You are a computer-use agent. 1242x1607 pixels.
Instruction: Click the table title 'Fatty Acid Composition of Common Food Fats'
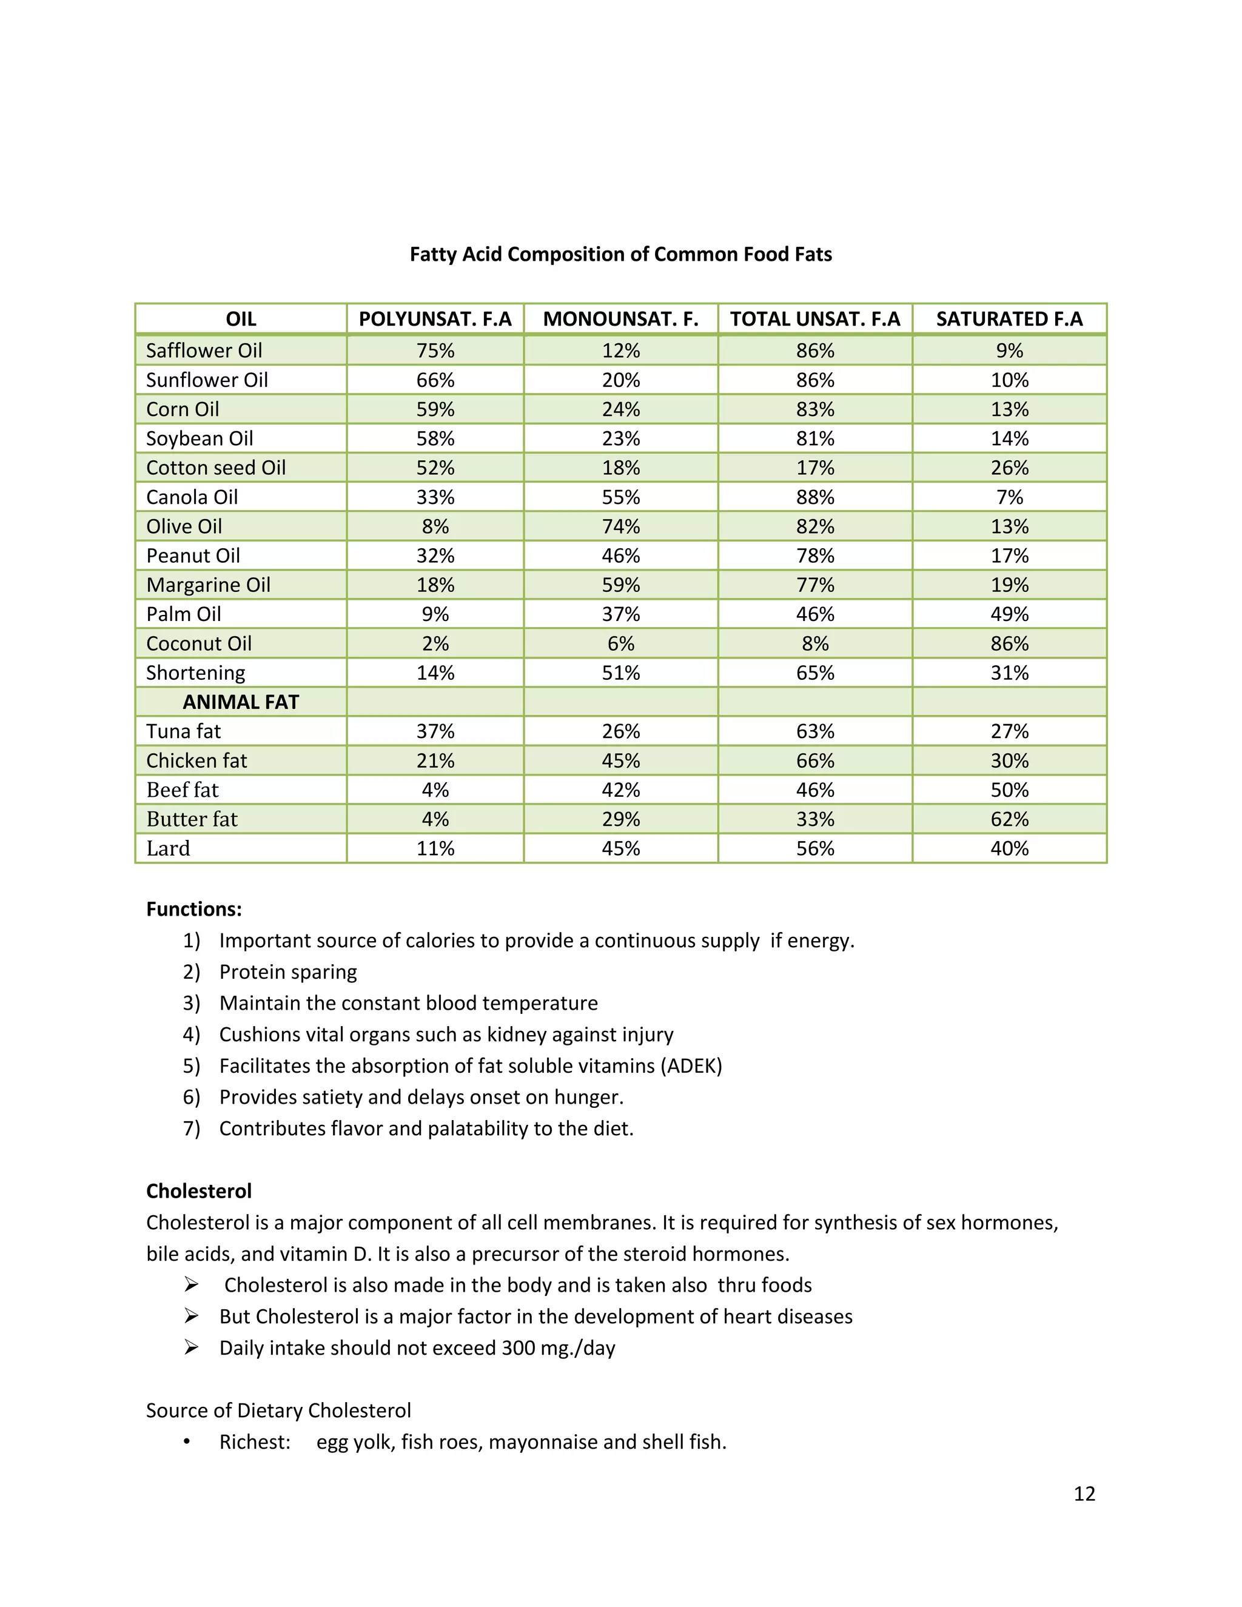tap(620, 255)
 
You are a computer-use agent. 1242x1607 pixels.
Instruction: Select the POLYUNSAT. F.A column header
tap(435, 320)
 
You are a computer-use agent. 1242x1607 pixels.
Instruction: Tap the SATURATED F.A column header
tap(1009, 320)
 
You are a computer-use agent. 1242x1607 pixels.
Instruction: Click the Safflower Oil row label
tap(204, 351)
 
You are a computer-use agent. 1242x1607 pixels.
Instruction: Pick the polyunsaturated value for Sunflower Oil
tap(435, 380)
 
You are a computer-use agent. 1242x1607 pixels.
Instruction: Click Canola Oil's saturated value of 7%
tap(1009, 497)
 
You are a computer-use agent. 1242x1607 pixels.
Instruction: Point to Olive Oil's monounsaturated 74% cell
tap(620, 527)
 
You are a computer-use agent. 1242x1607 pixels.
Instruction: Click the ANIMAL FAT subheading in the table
tap(241, 702)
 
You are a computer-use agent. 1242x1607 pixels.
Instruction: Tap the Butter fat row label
tap(192, 819)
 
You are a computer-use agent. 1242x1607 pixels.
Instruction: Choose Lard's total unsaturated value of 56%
tap(814, 848)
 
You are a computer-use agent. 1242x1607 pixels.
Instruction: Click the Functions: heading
tap(193, 910)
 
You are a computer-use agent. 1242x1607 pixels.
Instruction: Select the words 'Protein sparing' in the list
tap(287, 972)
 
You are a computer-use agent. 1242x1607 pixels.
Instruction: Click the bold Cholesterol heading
tap(199, 1191)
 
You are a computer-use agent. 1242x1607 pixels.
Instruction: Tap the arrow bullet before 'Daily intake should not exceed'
tap(191, 1347)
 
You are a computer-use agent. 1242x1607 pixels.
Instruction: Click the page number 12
tap(1084, 1493)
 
